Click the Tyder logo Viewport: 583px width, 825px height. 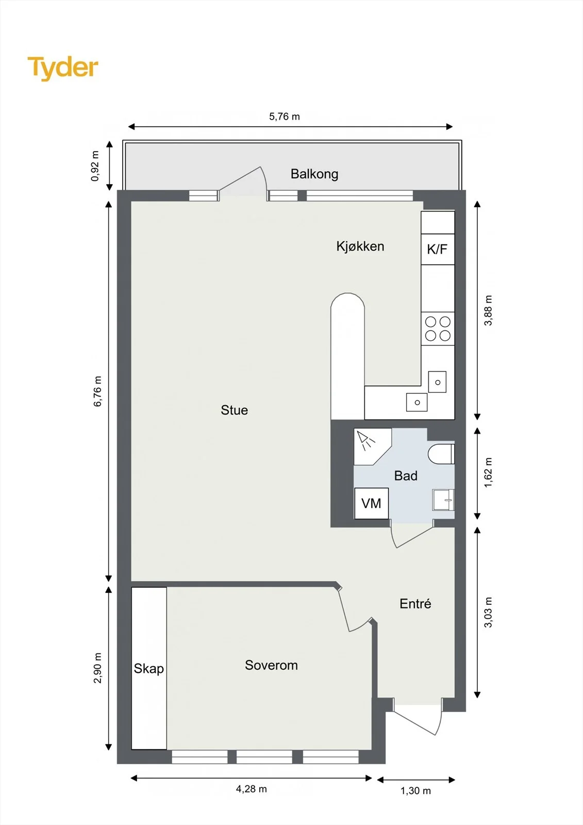[63, 68]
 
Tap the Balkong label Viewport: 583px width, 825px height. [314, 174]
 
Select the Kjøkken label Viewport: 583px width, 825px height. [360, 246]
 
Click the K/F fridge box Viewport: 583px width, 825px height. [438, 250]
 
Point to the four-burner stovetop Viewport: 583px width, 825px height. [438, 328]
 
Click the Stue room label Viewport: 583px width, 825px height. [234, 410]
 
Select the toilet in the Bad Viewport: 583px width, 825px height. [441, 454]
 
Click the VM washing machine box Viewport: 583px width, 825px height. [371, 503]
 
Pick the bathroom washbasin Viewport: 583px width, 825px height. [443, 500]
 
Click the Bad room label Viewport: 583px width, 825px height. [406, 476]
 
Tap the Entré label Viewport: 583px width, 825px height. [415, 604]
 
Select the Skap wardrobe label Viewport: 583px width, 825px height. [149, 668]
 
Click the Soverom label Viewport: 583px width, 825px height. [272, 665]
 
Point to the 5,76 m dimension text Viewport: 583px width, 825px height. [285, 117]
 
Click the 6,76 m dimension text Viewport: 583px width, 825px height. [97, 391]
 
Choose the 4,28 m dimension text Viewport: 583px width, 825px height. [251, 789]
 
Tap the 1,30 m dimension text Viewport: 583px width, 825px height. [416, 791]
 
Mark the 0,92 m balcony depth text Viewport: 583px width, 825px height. [95, 166]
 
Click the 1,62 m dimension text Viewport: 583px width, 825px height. [488, 472]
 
